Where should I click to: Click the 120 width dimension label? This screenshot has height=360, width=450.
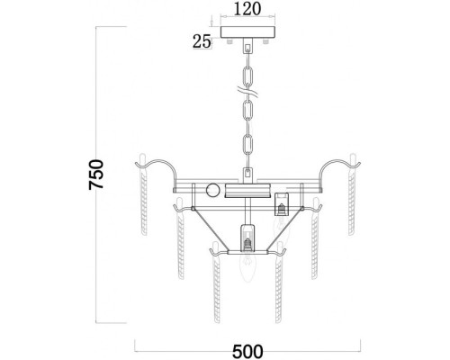click(x=247, y=9)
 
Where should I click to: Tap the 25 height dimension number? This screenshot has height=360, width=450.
click(x=202, y=41)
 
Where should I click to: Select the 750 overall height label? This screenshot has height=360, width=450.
click(x=96, y=175)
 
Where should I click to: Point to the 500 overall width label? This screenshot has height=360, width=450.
click(x=247, y=351)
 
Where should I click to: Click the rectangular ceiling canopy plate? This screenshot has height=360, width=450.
click(x=247, y=32)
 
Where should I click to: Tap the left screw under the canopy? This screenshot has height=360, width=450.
click(x=230, y=41)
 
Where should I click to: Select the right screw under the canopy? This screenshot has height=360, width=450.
click(x=265, y=41)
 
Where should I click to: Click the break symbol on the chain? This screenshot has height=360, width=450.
click(x=247, y=91)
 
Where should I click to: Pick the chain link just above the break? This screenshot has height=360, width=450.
click(x=247, y=76)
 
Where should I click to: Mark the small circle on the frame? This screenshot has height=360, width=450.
click(x=213, y=190)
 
